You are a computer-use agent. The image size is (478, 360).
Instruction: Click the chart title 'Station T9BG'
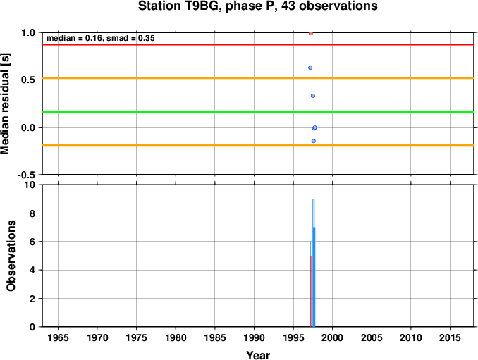[180, 6]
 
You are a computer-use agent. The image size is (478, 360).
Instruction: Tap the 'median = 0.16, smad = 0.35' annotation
[101, 38]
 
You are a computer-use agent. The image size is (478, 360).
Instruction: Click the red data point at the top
[311, 34]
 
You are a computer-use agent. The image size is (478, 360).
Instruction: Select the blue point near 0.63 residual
[310, 68]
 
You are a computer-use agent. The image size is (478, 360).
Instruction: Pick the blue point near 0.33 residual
[313, 96]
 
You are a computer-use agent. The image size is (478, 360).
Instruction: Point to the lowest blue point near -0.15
[314, 141]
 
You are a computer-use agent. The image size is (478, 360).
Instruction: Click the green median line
[258, 112]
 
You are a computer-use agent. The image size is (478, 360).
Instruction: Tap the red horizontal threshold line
[258, 45]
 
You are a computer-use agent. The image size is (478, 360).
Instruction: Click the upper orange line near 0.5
[258, 79]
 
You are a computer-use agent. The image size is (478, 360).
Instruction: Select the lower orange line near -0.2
[258, 145]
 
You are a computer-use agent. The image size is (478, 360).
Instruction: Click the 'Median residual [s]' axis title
[5, 104]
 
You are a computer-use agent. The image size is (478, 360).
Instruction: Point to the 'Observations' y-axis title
[11, 256]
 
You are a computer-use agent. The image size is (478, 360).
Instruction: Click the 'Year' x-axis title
[258, 355]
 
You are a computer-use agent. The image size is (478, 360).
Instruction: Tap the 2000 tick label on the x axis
[332, 337]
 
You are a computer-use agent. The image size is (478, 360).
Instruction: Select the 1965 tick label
[58, 337]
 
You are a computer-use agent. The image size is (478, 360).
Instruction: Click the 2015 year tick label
[451, 337]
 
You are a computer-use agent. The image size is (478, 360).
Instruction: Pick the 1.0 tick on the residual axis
[28, 32]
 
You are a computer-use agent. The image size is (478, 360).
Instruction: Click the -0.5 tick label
[26, 175]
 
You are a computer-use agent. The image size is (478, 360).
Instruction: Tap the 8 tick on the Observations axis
[32, 213]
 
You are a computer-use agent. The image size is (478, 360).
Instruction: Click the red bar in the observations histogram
[311, 291]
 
